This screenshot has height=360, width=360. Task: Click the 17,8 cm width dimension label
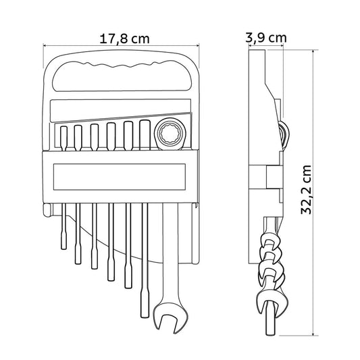tap(124, 38)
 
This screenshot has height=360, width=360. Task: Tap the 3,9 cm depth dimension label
tap(266, 37)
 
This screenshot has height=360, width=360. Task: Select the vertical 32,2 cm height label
tap(306, 190)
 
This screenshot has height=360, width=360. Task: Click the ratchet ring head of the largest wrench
tap(170, 134)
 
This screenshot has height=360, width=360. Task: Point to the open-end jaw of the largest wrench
tap(170, 318)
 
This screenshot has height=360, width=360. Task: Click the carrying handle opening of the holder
tap(122, 76)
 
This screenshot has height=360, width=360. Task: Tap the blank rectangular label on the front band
tap(120, 177)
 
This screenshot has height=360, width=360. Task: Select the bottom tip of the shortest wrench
tap(63, 249)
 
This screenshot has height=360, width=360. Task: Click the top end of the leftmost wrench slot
tap(63, 127)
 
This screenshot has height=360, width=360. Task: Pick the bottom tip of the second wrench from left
tap(78, 263)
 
